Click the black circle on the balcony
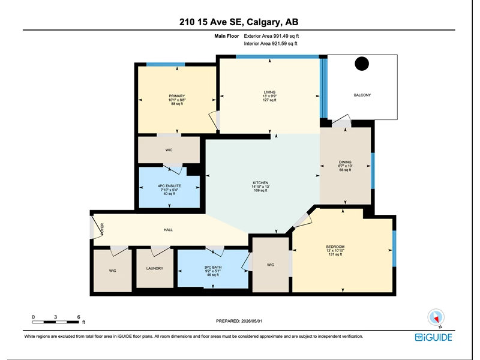click(362, 64)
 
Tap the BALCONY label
click(362, 95)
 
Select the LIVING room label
click(269, 92)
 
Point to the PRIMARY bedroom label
click(177, 96)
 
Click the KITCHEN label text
click(260, 183)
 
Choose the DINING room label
click(345, 162)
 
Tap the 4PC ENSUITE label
click(169, 186)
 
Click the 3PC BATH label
click(213, 267)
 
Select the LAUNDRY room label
click(155, 268)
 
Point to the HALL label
click(168, 230)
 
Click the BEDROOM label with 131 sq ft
click(335, 247)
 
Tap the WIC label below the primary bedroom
click(169, 150)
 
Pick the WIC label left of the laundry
click(112, 271)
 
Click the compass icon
click(436, 317)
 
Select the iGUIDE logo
click(433, 337)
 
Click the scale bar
click(55, 322)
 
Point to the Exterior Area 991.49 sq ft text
click(271, 36)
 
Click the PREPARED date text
click(239, 321)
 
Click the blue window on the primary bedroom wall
click(166, 64)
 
